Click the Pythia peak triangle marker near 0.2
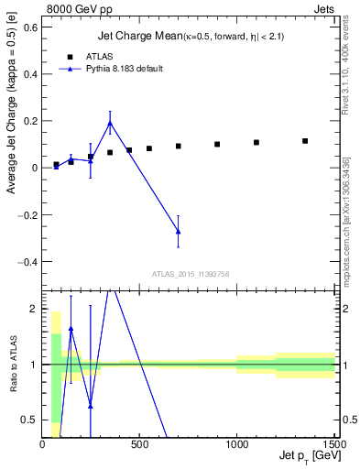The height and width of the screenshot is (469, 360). click(x=110, y=123)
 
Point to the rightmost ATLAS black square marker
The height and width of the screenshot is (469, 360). click(x=305, y=141)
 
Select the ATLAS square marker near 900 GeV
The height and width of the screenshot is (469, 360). click(x=217, y=144)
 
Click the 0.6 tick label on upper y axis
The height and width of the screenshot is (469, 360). click(x=29, y=27)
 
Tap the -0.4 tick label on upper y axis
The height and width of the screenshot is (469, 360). click(x=27, y=261)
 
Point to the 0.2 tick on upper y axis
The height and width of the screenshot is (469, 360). click(x=29, y=121)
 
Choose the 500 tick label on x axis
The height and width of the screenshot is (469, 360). click(x=140, y=443)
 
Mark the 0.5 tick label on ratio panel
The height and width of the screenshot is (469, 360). click(x=29, y=420)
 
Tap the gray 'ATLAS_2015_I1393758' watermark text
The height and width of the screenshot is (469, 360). click(x=190, y=273)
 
